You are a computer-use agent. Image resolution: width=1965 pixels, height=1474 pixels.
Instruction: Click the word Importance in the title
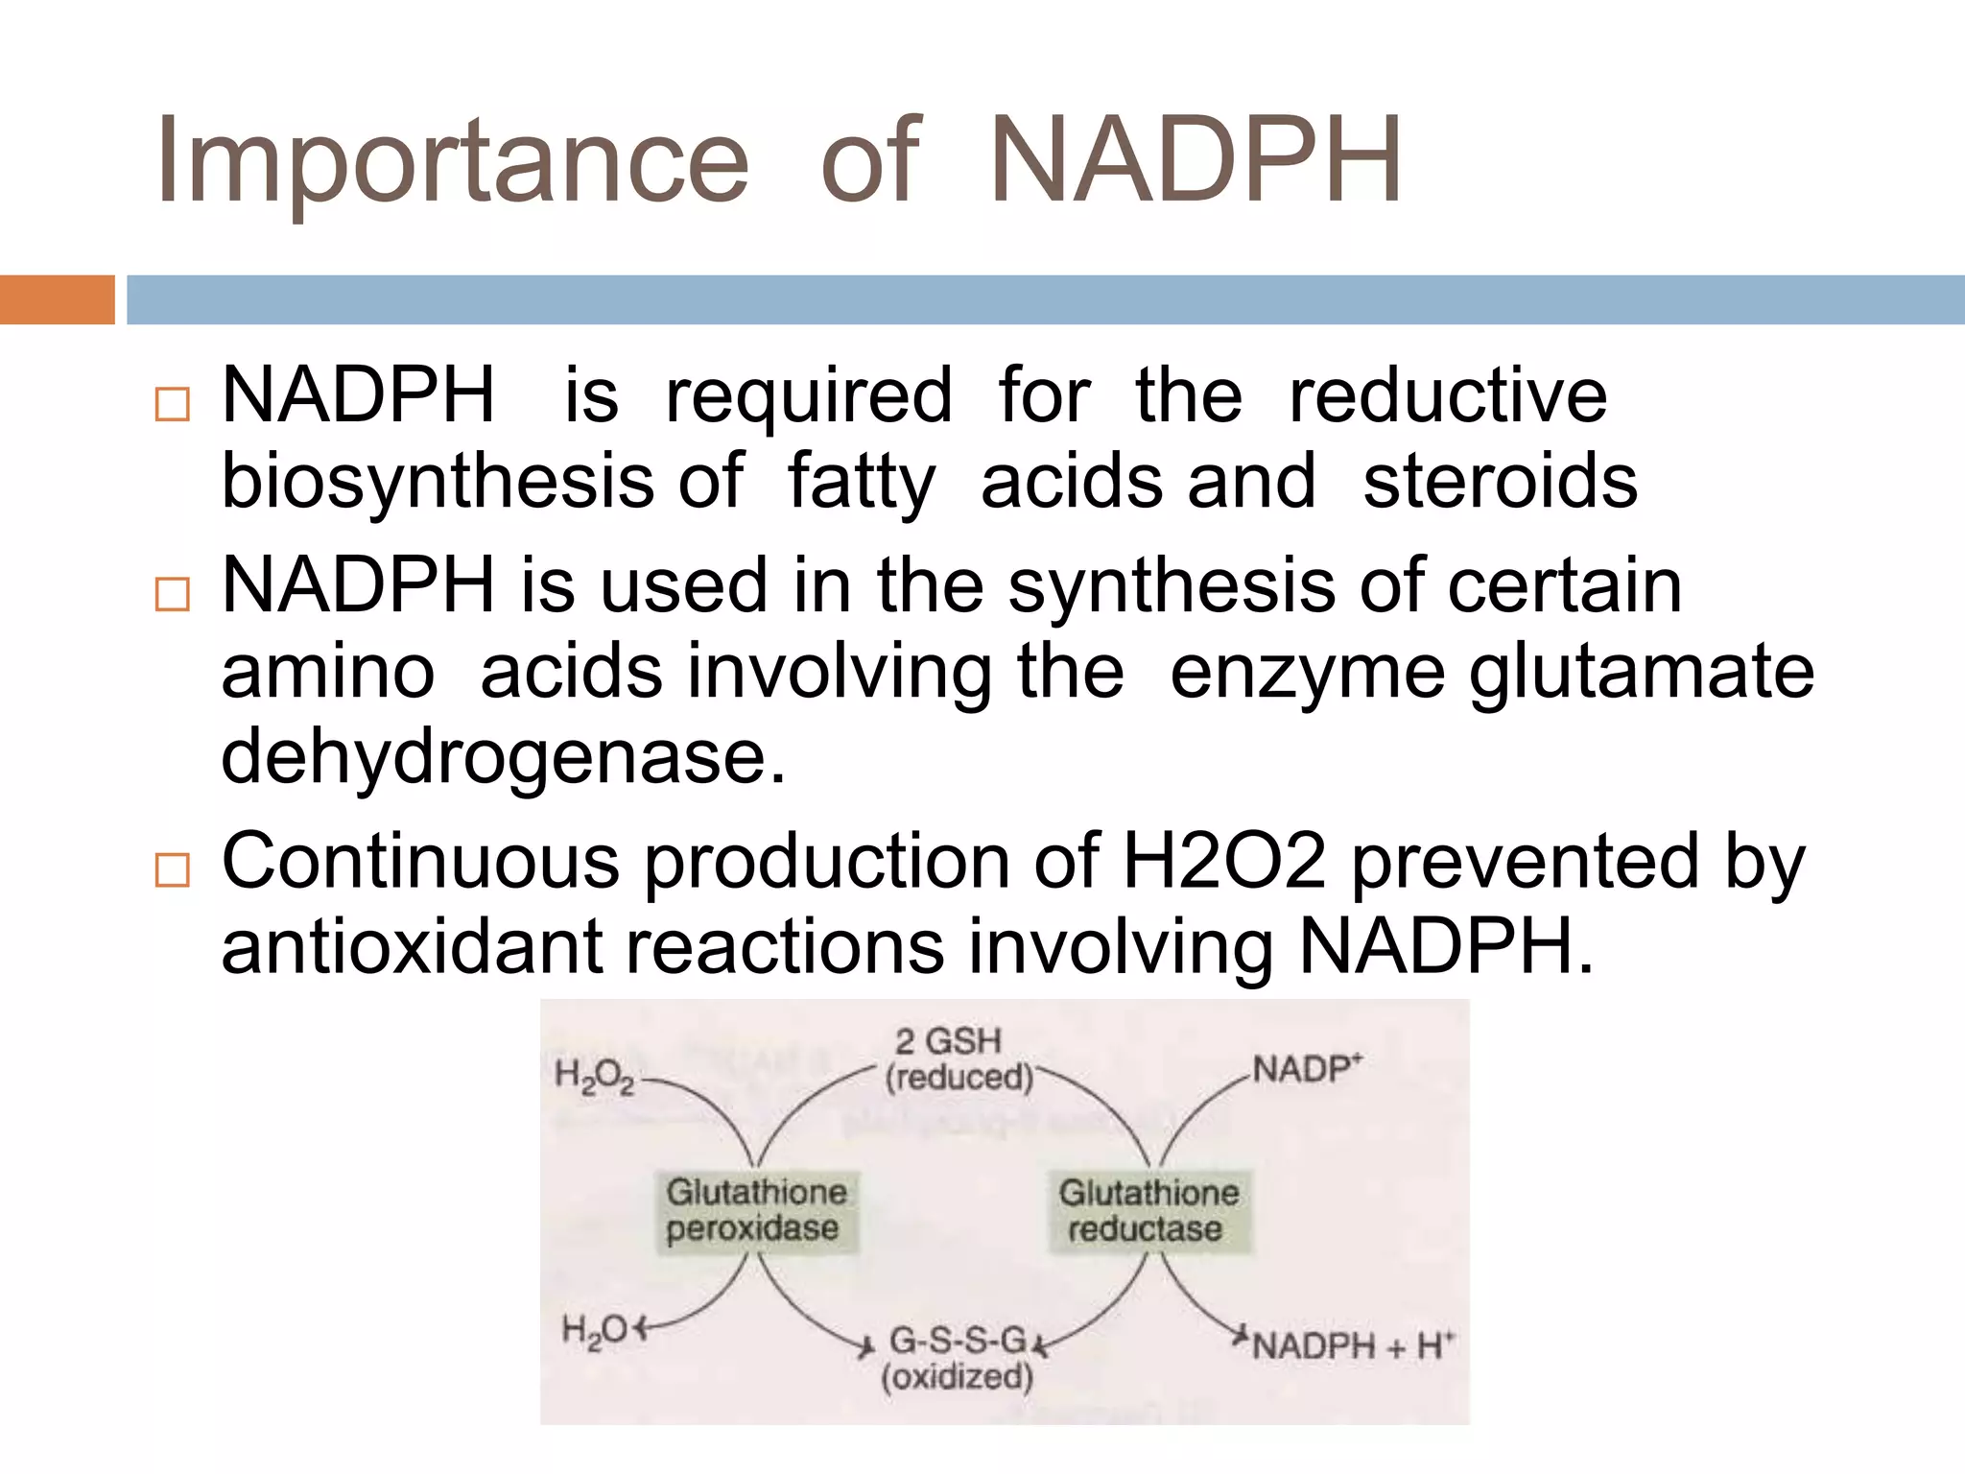(x=451, y=161)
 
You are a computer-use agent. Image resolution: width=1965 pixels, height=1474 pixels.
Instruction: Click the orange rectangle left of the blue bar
(x=57, y=299)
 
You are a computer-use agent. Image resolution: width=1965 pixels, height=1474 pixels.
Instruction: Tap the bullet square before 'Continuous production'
(x=172, y=870)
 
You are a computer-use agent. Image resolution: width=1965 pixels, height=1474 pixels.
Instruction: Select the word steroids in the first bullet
(x=1500, y=481)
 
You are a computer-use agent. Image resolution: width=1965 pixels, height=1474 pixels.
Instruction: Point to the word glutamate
(x=1642, y=672)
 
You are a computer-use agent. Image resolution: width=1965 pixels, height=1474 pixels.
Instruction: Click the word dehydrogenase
(x=503, y=756)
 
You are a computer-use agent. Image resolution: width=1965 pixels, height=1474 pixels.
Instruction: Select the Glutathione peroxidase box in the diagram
(x=756, y=1211)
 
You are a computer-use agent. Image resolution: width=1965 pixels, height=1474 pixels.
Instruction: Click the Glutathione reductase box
(x=1148, y=1211)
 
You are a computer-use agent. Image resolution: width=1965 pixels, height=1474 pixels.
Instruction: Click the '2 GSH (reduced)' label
(x=957, y=1059)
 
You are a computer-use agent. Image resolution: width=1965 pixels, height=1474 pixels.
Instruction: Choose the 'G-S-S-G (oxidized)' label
(x=957, y=1357)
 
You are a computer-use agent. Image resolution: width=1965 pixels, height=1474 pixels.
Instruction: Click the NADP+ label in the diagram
(x=1306, y=1069)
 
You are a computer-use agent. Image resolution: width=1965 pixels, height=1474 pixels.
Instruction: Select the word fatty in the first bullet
(x=861, y=481)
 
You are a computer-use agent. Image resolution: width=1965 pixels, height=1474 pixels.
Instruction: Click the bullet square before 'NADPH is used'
(x=172, y=595)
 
